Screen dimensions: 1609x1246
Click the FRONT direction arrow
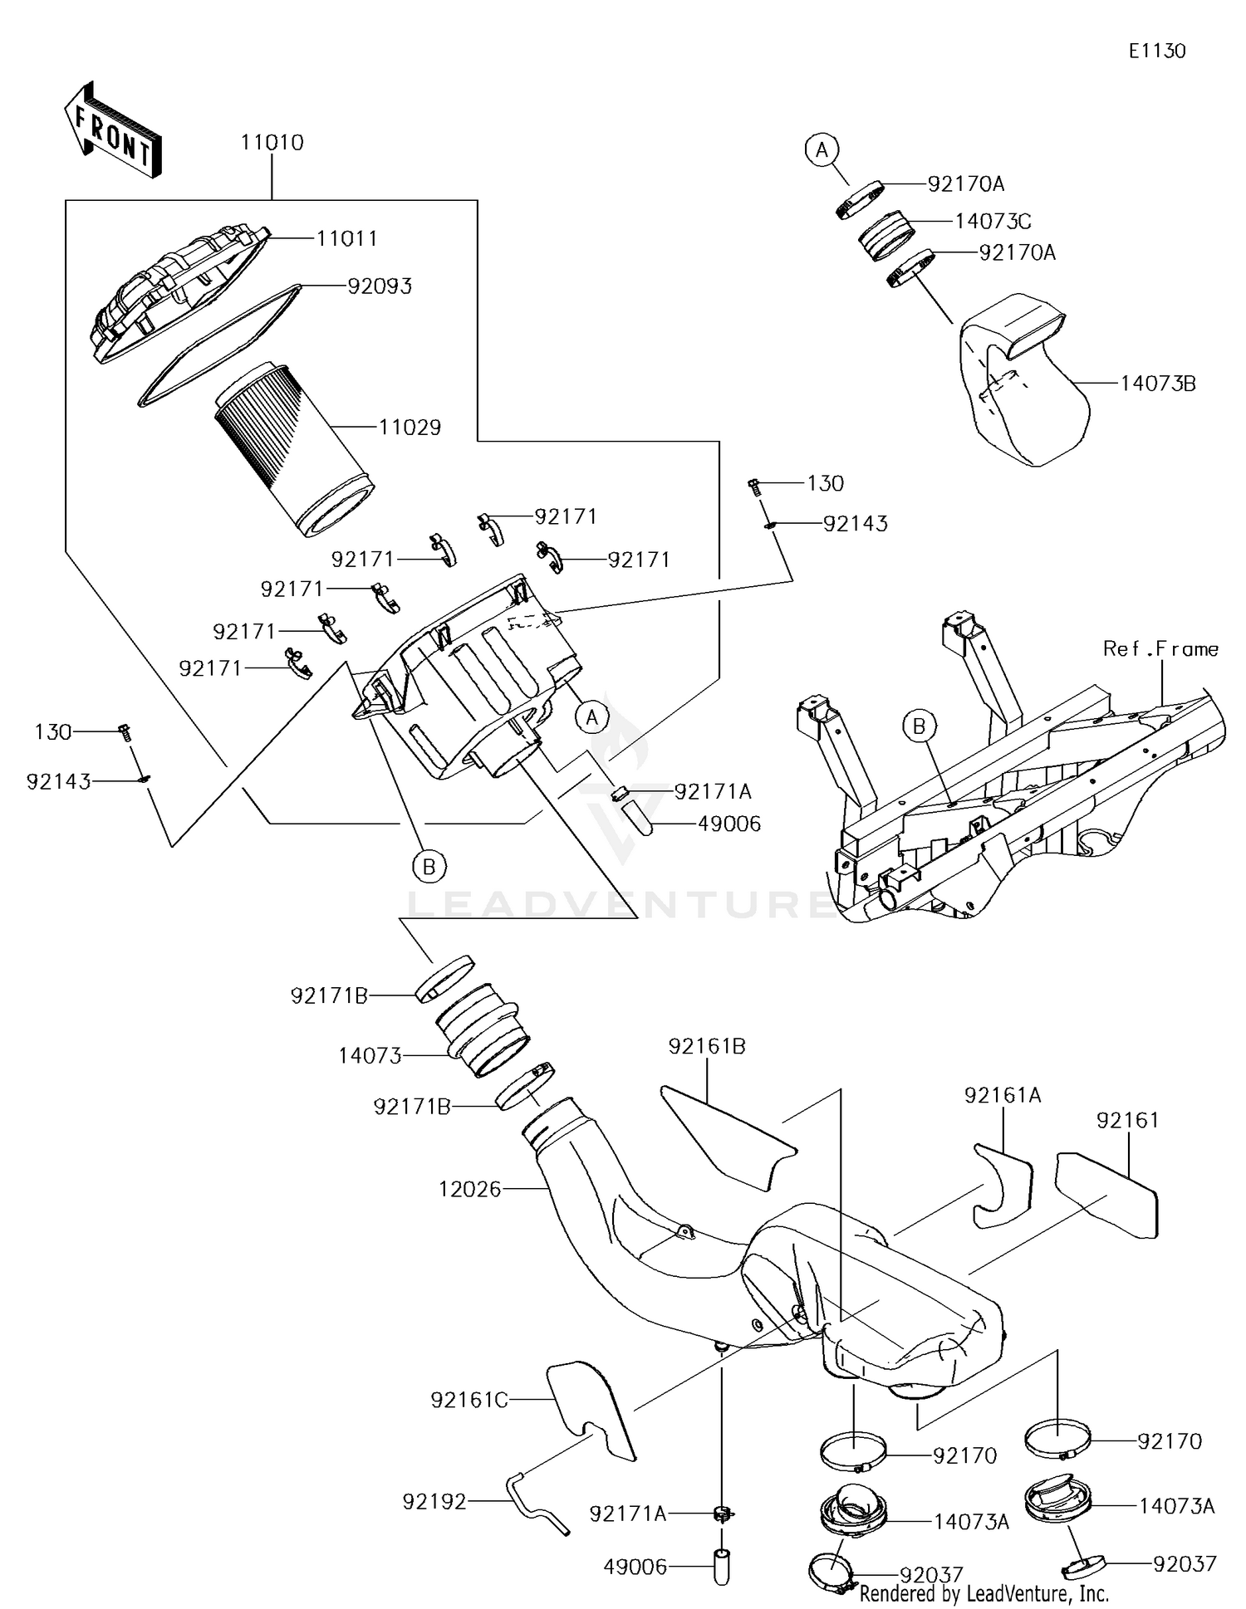coord(112,133)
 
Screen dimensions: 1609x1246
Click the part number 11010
coord(272,143)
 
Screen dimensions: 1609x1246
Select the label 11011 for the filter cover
coord(346,239)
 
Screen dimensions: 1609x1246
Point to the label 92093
coord(379,286)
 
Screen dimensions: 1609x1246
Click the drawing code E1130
coord(1156,51)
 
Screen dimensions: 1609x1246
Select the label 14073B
coord(1157,384)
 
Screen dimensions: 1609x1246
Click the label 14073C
coord(993,222)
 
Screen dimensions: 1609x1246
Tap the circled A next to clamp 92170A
coord(822,149)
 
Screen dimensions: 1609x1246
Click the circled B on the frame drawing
coord(919,726)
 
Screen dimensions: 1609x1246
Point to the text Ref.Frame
coord(1160,649)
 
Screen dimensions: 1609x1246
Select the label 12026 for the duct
coord(470,1189)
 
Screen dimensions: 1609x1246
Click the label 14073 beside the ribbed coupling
coord(370,1056)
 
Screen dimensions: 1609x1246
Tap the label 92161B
coord(706,1047)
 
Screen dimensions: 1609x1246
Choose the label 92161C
coord(468,1401)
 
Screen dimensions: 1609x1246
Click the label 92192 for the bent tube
coord(434,1501)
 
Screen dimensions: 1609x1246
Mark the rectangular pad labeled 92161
coord(1106,1194)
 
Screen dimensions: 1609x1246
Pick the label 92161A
coord(1002,1096)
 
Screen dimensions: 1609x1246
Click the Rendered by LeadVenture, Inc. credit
coord(984,1593)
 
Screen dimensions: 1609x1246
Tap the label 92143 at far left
coord(58,782)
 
